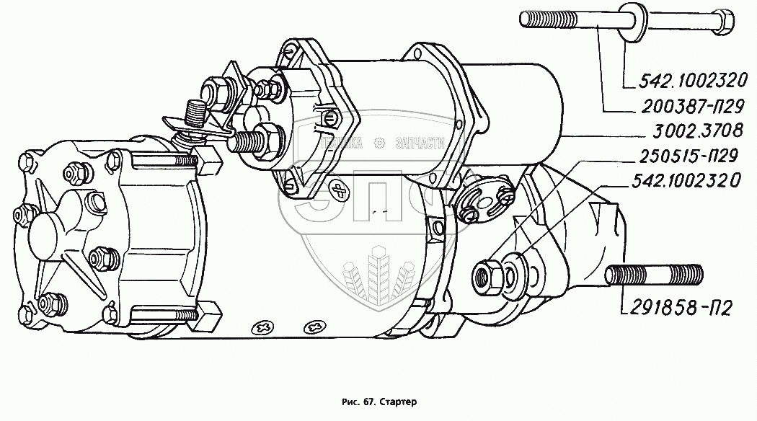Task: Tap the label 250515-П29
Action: coord(684,156)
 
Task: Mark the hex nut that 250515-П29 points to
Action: coord(482,274)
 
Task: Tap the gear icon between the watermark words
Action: coord(381,143)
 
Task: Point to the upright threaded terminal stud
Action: coord(195,115)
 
